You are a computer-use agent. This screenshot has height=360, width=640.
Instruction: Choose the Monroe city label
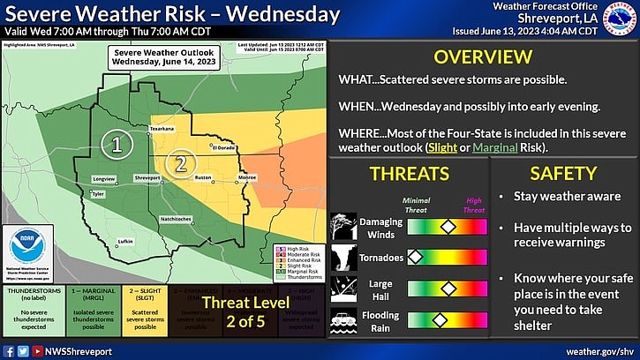pyautogui.click(x=247, y=178)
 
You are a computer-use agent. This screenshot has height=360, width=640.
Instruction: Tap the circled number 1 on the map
pyautogui.click(x=115, y=141)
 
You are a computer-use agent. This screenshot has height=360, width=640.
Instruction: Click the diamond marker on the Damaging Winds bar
pyautogui.click(x=448, y=227)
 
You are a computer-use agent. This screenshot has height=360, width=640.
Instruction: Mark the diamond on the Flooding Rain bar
pyautogui.click(x=438, y=319)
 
